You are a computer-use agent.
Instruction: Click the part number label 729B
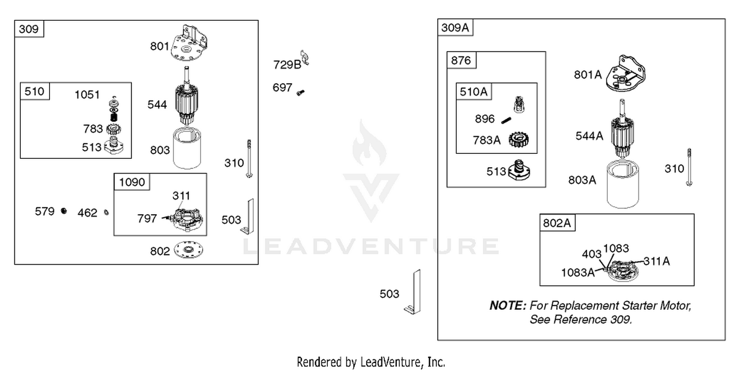(287, 65)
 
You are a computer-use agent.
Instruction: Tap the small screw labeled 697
(301, 93)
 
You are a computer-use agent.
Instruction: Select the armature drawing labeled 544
(186, 95)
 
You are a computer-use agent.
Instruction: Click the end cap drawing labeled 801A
(626, 73)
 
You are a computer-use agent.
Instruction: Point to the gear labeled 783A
(519, 140)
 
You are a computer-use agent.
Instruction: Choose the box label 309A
(455, 28)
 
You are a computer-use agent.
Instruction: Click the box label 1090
(132, 182)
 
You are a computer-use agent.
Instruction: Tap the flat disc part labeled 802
(188, 249)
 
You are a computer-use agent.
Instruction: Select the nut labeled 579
(64, 211)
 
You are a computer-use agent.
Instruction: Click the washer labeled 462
(106, 212)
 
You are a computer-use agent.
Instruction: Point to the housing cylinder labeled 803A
(623, 184)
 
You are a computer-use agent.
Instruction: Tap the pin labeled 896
(506, 120)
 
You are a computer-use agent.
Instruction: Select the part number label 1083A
(578, 273)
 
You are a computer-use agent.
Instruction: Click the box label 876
(461, 60)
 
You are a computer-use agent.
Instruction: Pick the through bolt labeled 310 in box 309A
(689, 167)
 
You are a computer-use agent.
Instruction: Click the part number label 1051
(87, 95)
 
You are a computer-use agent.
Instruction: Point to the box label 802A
(557, 223)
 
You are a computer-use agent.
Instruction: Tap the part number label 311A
(657, 261)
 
